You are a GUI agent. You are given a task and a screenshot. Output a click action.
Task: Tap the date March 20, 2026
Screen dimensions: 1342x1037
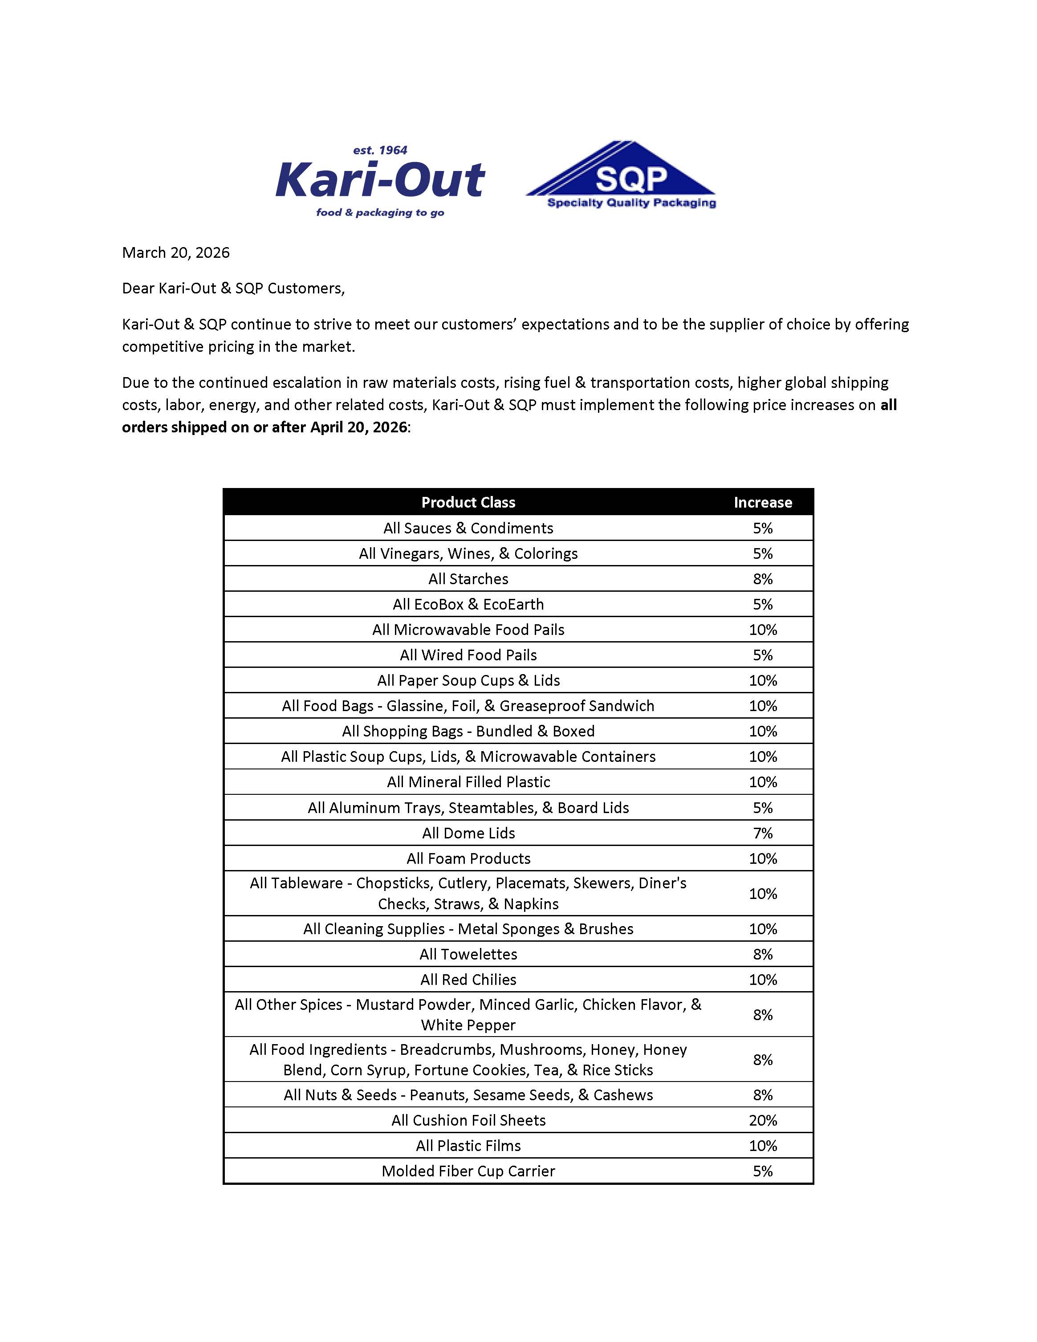click(176, 252)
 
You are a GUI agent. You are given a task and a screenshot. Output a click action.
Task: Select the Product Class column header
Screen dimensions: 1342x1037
click(468, 502)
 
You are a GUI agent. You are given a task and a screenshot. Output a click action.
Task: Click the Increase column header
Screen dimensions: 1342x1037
click(762, 502)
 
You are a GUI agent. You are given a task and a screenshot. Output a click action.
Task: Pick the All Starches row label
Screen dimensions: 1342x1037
click(468, 579)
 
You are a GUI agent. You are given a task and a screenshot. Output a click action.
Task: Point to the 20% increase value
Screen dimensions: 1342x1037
click(762, 1120)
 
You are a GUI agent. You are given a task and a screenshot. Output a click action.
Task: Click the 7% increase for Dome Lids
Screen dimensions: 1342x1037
click(762, 833)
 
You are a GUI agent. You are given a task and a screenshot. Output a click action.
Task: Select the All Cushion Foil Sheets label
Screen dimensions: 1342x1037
click(468, 1120)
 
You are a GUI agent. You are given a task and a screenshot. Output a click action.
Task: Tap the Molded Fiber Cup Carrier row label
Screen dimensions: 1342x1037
click(468, 1171)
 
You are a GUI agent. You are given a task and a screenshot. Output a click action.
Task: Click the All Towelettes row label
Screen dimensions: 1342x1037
click(468, 954)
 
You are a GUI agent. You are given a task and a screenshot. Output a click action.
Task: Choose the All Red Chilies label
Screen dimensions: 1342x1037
click(468, 980)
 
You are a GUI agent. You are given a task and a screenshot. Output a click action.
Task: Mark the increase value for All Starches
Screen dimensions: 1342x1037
click(762, 579)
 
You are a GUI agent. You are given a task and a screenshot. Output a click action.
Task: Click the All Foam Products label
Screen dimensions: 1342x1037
click(468, 858)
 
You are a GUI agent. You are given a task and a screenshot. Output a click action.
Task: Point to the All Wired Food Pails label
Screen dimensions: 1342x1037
click(468, 655)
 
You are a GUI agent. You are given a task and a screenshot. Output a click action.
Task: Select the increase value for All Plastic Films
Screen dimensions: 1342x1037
click(762, 1145)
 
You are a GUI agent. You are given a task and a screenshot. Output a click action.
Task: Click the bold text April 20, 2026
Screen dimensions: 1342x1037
click(358, 427)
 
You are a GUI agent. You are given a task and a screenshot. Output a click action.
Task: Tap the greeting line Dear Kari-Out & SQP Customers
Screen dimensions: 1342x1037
click(233, 288)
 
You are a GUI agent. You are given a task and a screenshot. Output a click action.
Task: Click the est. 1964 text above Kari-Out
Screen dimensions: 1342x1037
click(380, 150)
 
